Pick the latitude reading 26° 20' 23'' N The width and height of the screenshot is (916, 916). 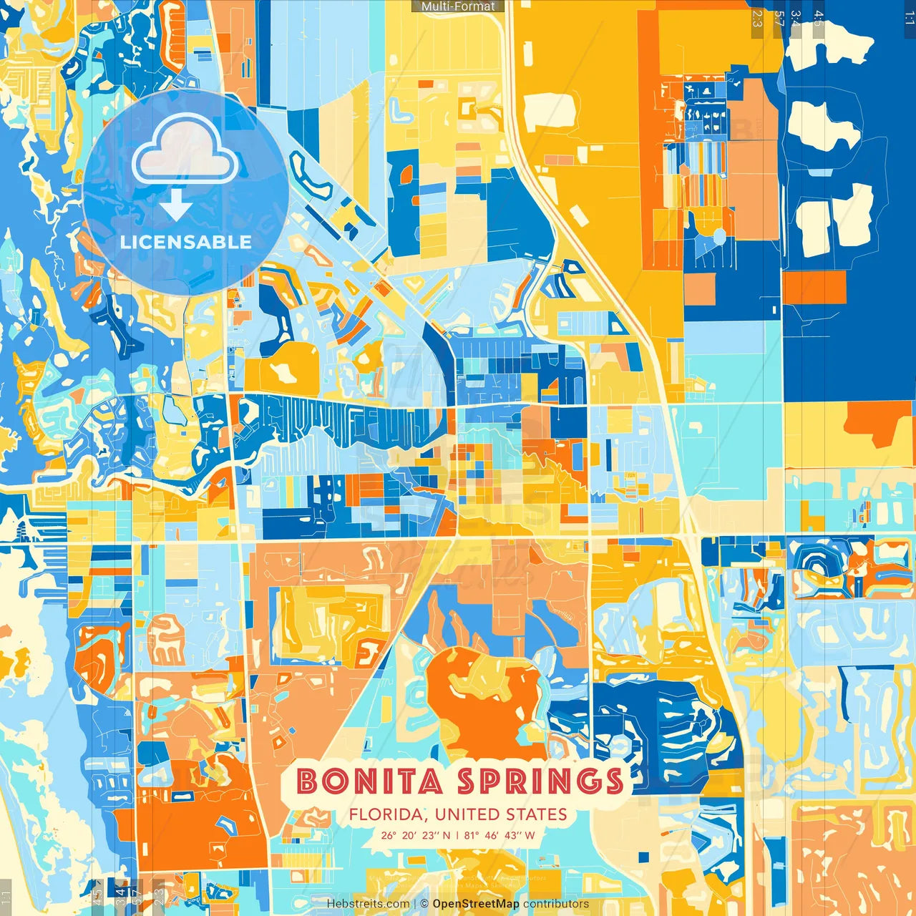(x=415, y=835)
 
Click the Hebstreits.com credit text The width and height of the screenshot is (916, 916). (x=368, y=904)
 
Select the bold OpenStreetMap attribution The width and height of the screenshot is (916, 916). (x=476, y=904)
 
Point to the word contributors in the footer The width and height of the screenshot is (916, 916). (x=556, y=904)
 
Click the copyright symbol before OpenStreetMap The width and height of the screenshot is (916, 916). (x=424, y=904)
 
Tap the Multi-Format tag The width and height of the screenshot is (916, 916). (x=458, y=6)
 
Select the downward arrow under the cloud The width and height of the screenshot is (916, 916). (x=176, y=206)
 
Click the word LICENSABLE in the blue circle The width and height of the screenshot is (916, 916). (x=186, y=242)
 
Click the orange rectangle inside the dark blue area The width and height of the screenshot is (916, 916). (x=814, y=288)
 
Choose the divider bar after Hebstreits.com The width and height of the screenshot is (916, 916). (x=415, y=904)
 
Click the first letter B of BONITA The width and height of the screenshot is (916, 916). (x=307, y=781)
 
